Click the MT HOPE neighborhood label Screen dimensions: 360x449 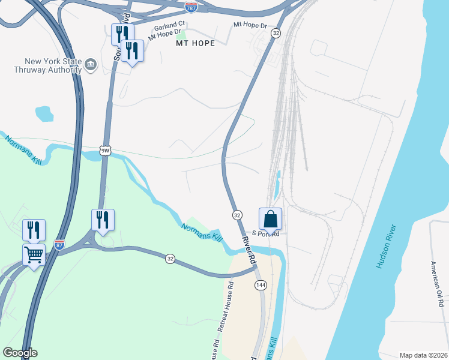click(195, 44)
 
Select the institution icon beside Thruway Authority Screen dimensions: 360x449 click(91, 65)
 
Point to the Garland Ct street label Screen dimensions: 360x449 click(169, 27)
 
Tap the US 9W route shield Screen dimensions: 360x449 click(105, 151)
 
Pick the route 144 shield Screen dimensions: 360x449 click(260, 285)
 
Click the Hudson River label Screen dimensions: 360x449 click(386, 246)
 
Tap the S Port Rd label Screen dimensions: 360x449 click(266, 234)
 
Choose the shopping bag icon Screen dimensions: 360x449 click(270, 219)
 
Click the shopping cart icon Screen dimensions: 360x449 click(34, 254)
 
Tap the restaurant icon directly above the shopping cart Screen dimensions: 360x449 click(34, 230)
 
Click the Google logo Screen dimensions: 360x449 click(20, 353)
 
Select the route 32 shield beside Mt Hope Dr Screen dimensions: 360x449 click(276, 33)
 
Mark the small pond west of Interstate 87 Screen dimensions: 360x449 click(44, 113)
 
